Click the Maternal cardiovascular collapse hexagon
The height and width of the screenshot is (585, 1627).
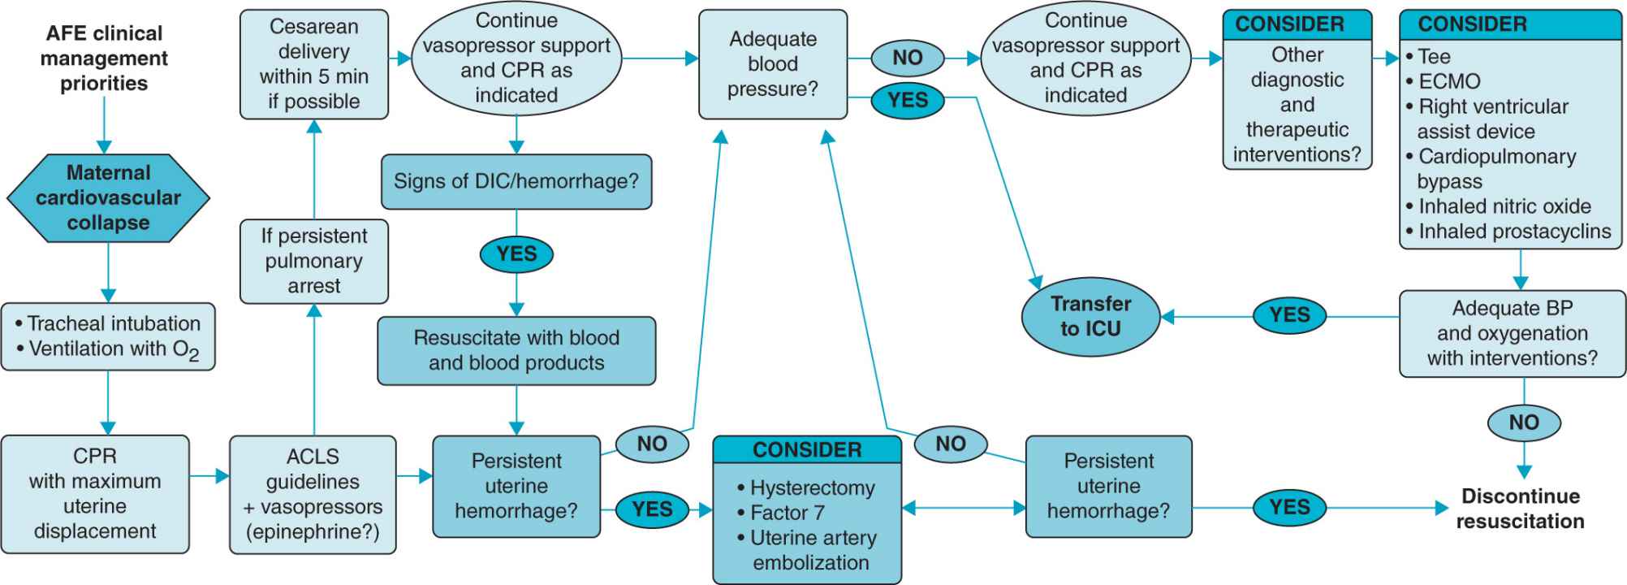tap(108, 197)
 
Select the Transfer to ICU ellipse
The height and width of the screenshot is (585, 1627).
tap(1090, 316)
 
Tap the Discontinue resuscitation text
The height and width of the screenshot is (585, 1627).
tap(1519, 509)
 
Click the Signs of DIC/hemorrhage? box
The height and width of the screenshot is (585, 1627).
tap(516, 181)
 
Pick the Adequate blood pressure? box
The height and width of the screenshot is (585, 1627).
tap(772, 64)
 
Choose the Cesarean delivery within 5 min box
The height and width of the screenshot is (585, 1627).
tap(313, 64)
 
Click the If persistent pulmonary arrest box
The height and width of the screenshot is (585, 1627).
tap(313, 261)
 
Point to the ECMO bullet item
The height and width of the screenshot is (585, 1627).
tap(1448, 81)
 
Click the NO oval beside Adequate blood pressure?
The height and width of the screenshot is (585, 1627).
tap(907, 58)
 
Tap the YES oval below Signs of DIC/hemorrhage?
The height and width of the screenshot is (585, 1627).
tap(516, 254)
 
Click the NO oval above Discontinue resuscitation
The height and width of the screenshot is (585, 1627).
tap(1524, 422)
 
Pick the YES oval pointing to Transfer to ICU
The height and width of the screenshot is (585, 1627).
tap(1289, 315)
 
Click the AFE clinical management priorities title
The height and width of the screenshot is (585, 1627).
tap(104, 58)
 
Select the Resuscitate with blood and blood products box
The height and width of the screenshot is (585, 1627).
tap(516, 350)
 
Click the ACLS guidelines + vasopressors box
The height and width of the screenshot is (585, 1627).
tap(313, 494)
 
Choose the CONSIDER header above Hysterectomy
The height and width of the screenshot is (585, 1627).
tap(807, 449)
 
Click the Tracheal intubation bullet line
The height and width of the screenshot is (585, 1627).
tap(114, 323)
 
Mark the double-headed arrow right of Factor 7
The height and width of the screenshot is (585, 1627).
tap(964, 509)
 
